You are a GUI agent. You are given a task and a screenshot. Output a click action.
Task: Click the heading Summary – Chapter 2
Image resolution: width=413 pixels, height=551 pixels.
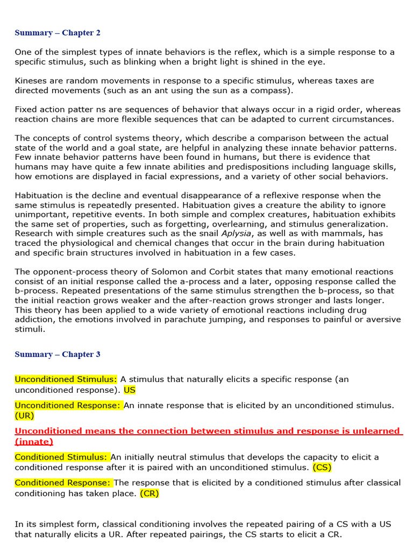[x=58, y=33]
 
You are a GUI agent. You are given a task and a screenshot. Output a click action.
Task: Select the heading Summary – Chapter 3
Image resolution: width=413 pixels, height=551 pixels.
[x=58, y=355]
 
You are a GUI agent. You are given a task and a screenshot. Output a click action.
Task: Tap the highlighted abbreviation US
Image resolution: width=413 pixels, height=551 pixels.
[x=130, y=390]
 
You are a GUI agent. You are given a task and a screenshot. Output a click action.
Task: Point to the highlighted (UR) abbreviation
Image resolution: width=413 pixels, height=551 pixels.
[x=24, y=415]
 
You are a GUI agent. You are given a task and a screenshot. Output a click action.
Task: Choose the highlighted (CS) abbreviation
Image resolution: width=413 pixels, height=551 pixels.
[x=322, y=467]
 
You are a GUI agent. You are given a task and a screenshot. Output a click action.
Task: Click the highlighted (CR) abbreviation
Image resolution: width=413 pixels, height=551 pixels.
[x=149, y=493]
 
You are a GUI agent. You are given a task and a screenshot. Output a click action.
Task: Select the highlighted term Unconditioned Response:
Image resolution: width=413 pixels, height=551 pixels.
[x=68, y=405]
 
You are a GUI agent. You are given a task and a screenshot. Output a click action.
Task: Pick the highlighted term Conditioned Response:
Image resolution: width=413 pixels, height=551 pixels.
[x=63, y=483]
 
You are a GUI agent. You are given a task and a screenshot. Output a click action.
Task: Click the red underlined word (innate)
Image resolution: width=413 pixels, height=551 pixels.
[x=34, y=441]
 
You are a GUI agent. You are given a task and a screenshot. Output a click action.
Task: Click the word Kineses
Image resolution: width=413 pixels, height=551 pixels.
[x=32, y=81]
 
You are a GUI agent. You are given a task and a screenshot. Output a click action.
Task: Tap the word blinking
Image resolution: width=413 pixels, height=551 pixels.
[x=133, y=61]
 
